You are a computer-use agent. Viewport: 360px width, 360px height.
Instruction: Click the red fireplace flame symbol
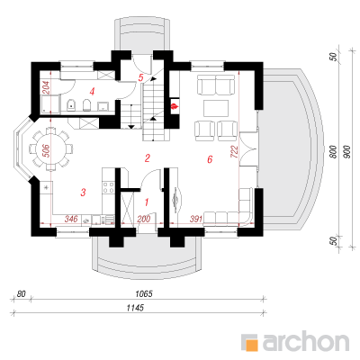click(x=174, y=106)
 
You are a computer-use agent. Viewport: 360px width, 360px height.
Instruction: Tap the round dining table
click(x=51, y=149)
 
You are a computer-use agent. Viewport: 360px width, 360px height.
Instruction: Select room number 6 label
click(x=210, y=159)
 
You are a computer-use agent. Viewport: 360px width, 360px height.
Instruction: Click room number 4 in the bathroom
click(x=92, y=92)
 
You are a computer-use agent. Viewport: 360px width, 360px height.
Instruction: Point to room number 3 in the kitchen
click(x=83, y=192)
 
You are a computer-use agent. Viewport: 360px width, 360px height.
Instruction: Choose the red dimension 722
click(x=235, y=152)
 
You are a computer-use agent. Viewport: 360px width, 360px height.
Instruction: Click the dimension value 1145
click(x=135, y=308)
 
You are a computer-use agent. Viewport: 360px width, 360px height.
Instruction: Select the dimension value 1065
click(x=144, y=293)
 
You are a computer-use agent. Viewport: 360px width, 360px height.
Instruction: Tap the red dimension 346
click(x=71, y=219)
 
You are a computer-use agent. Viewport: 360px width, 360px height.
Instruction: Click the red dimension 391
click(x=196, y=220)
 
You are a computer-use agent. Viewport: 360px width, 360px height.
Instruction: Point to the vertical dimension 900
click(x=347, y=152)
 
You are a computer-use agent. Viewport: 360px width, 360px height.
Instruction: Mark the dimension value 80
click(x=22, y=293)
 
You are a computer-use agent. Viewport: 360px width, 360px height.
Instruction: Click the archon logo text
click(x=306, y=340)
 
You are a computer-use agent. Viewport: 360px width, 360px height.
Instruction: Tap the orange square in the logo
click(x=251, y=345)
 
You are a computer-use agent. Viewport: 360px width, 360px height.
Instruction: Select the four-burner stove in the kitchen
click(x=108, y=187)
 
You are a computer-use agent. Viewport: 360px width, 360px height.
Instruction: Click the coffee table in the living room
click(x=216, y=108)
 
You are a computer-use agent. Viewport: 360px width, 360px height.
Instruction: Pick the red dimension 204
click(x=47, y=87)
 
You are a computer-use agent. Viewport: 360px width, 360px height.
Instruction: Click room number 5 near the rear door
click(x=140, y=77)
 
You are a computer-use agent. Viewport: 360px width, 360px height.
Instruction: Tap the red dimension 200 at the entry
click(x=144, y=220)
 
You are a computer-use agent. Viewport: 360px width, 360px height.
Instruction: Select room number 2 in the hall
click(x=147, y=158)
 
